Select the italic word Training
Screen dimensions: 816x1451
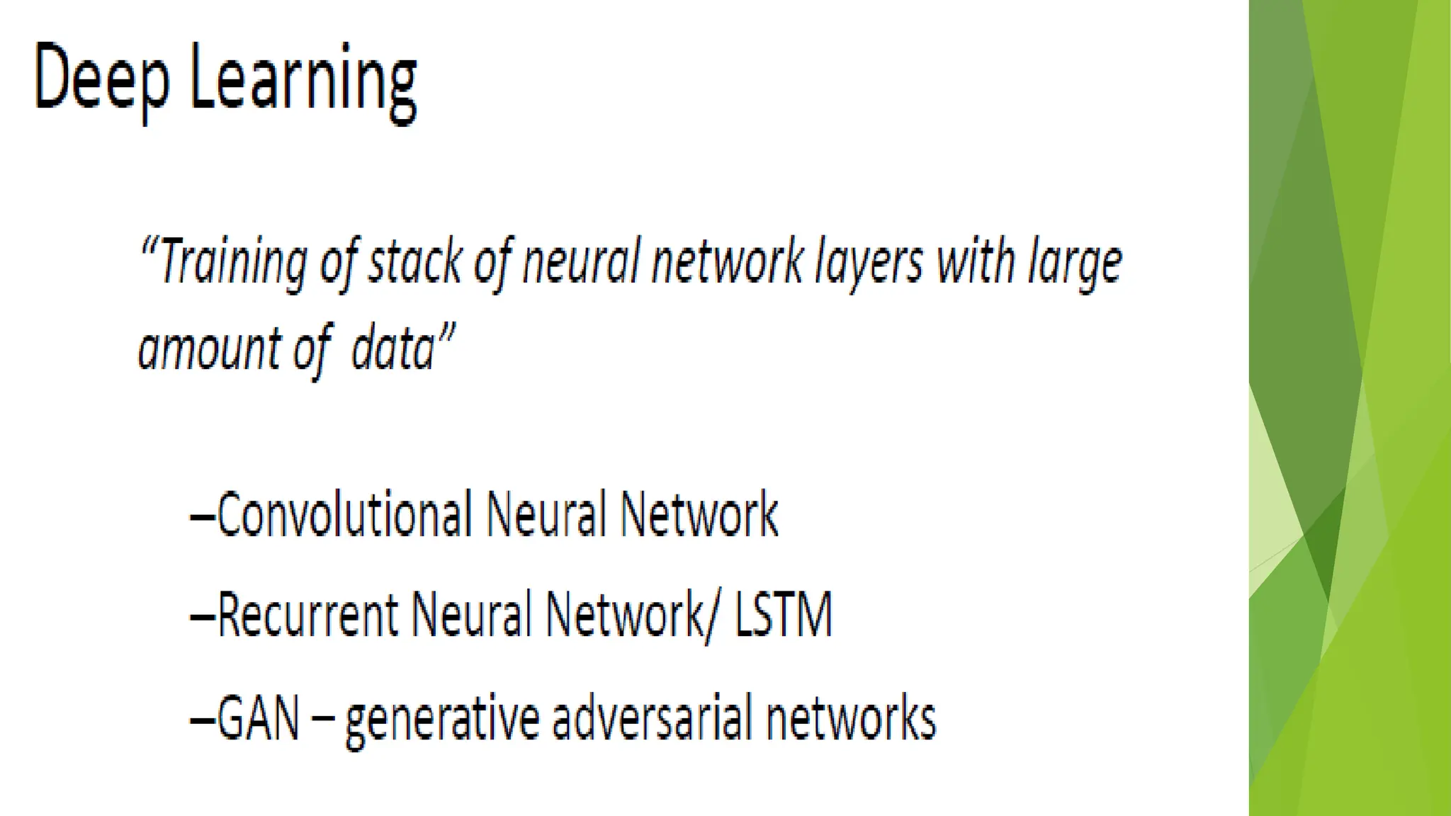point(234,263)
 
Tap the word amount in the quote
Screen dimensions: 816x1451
point(210,348)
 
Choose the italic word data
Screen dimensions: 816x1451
point(393,348)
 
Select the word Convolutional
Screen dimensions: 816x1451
point(344,515)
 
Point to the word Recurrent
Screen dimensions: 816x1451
point(307,615)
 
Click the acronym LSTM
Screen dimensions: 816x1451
point(783,615)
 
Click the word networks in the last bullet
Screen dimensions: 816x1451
point(851,718)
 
